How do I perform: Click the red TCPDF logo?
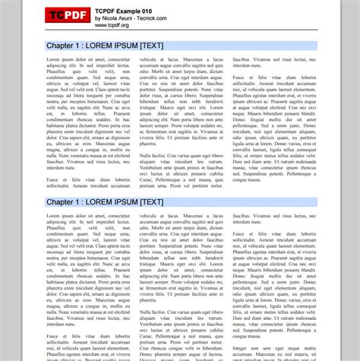click(x=66, y=16)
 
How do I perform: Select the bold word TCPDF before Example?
click(x=107, y=9)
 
